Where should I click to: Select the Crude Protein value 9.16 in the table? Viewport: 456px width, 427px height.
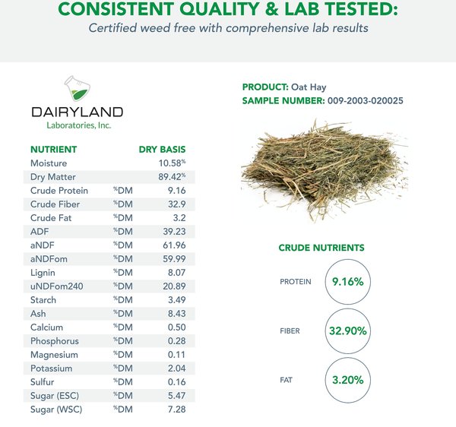point(176,191)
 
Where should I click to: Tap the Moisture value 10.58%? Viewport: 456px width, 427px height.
point(172,163)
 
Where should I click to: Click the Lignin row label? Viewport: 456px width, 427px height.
point(43,273)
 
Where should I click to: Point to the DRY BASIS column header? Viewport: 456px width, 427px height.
point(162,150)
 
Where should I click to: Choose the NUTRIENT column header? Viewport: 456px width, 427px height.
point(53,150)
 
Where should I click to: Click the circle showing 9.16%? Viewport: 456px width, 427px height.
point(347,282)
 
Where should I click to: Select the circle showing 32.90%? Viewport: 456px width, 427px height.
point(347,331)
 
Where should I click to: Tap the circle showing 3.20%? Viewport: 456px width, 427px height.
point(347,380)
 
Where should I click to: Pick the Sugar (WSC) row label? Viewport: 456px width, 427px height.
point(56,410)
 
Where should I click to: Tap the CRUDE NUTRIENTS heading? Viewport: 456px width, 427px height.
point(321,248)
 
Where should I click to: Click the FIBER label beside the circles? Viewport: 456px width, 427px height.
point(290,331)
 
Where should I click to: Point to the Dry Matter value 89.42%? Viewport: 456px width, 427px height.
point(172,177)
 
